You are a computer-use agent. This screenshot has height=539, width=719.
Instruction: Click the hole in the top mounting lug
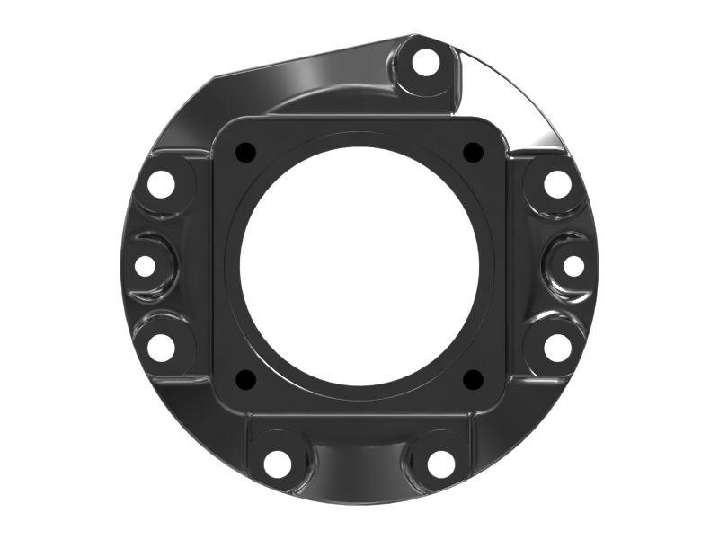(x=427, y=64)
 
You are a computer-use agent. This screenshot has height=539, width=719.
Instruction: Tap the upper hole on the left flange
(x=161, y=185)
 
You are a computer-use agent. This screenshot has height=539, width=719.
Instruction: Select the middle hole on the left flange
(x=145, y=266)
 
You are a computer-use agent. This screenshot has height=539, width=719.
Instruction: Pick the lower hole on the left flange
(x=161, y=347)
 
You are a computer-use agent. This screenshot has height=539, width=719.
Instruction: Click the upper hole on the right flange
(x=558, y=185)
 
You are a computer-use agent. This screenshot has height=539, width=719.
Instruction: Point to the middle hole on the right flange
(x=574, y=266)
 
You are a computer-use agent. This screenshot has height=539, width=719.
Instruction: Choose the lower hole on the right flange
(x=558, y=347)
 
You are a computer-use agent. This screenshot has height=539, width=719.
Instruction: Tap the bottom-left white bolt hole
(x=278, y=464)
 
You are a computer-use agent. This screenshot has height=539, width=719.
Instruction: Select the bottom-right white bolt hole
(x=440, y=464)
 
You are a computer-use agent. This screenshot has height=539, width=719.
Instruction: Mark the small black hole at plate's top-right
(x=473, y=153)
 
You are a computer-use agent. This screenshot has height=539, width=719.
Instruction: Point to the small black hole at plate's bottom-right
(x=473, y=380)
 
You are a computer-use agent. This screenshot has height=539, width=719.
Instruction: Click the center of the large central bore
(x=359, y=266)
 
